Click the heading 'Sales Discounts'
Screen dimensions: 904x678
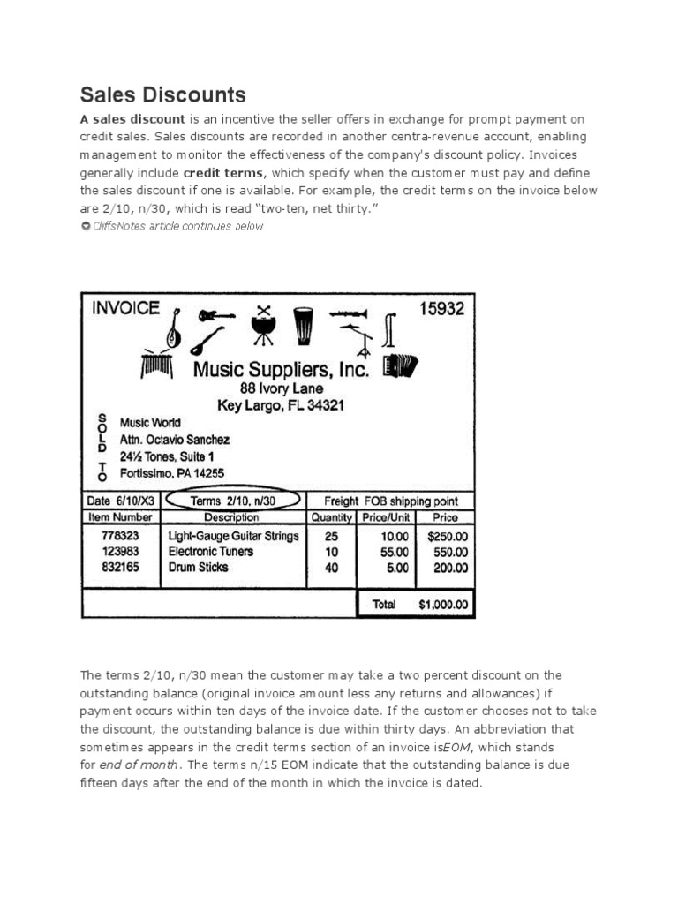click(163, 94)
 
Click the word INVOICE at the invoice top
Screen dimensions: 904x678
click(126, 309)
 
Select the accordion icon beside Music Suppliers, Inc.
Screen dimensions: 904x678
click(401, 365)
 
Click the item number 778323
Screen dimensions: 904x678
click(120, 536)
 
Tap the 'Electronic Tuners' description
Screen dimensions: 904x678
click(210, 552)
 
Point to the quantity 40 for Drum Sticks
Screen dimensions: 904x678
click(331, 568)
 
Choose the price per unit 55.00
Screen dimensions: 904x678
click(395, 552)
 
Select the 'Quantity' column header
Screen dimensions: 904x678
click(331, 517)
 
